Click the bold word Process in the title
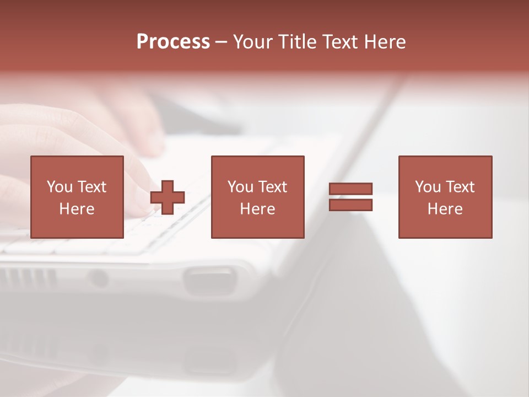pos(173,42)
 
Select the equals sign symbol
pos(351,197)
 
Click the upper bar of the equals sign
pos(351,189)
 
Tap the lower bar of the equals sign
pos(351,205)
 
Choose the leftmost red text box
pos(77,197)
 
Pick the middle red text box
pos(257,197)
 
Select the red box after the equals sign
pos(445,197)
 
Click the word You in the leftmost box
pos(60,187)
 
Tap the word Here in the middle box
pos(257,209)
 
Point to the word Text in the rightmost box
pos(460,187)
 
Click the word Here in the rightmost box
pos(445,209)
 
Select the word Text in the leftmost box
pos(92,187)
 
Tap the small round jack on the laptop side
pos(99,278)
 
